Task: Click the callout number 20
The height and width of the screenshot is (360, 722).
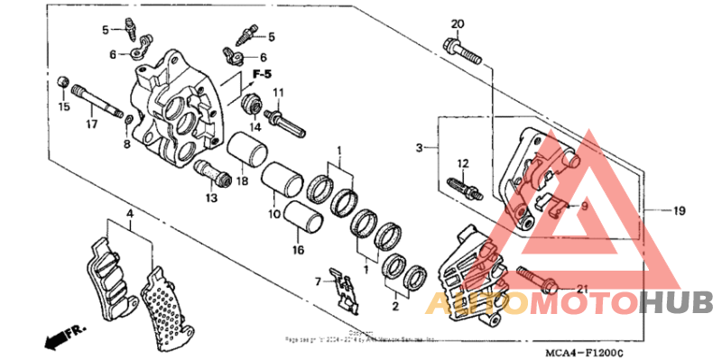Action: [x=457, y=23]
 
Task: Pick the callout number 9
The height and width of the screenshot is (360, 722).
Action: [x=584, y=206]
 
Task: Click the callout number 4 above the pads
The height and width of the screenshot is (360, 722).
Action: [x=130, y=214]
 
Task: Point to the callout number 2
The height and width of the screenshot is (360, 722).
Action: [x=393, y=307]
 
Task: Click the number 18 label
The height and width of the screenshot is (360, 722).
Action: [x=242, y=181]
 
